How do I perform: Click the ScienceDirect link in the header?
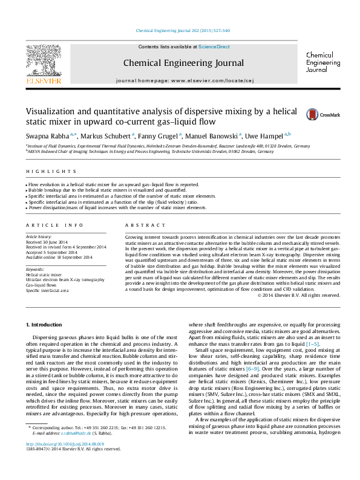pyautogui.click(x=214, y=47)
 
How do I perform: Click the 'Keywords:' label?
pyautogui.click(x=35, y=269)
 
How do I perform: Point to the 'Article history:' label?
pyautogui.click(x=39, y=237)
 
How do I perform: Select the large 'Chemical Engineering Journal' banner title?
pyautogui.click(x=183, y=63)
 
